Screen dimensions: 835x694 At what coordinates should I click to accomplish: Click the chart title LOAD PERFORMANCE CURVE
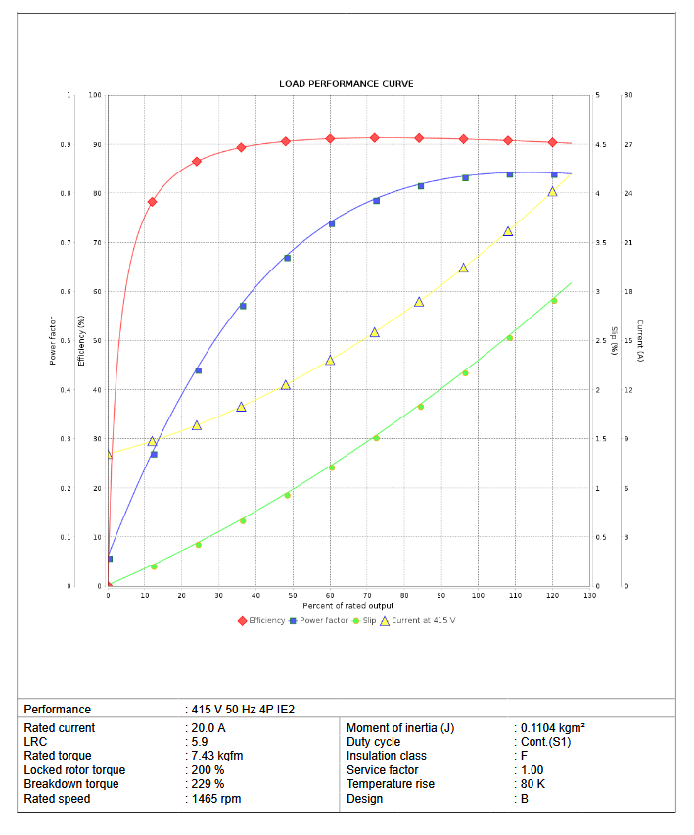(346, 84)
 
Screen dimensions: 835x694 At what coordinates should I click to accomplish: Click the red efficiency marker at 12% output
(152, 202)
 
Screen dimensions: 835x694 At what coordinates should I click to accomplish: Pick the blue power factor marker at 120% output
(554, 174)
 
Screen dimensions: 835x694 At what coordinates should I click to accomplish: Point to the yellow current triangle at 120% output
(552, 192)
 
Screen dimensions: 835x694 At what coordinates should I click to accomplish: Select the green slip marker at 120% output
(554, 301)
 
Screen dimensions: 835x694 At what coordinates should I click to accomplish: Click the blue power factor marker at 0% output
(109, 559)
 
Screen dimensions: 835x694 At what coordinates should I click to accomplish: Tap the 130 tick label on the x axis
(589, 596)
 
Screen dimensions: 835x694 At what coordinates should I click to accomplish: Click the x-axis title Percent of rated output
(348, 606)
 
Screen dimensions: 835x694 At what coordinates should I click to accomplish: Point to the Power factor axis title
(53, 340)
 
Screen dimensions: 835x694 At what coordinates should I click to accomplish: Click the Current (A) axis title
(639, 340)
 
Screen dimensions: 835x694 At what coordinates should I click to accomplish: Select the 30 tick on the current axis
(627, 95)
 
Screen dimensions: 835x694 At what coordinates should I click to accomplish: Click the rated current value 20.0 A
(208, 728)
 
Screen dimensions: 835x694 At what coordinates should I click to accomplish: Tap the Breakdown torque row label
(71, 784)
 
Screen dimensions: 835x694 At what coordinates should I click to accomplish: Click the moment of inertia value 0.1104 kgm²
(553, 728)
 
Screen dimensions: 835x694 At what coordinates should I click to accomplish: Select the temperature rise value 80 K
(534, 784)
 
